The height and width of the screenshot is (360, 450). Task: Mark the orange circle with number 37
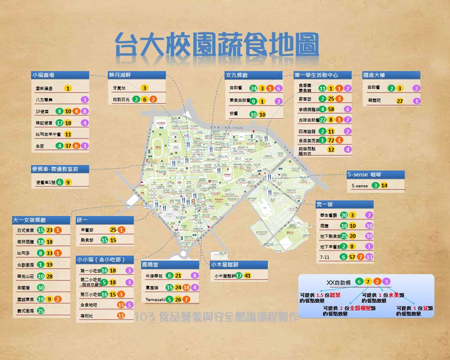(67, 145)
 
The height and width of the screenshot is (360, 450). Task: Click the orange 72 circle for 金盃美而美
(331, 140)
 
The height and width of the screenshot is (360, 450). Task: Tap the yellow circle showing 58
(331, 109)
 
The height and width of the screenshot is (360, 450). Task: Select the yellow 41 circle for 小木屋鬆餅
(248, 275)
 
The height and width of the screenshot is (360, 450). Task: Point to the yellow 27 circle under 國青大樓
(400, 101)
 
